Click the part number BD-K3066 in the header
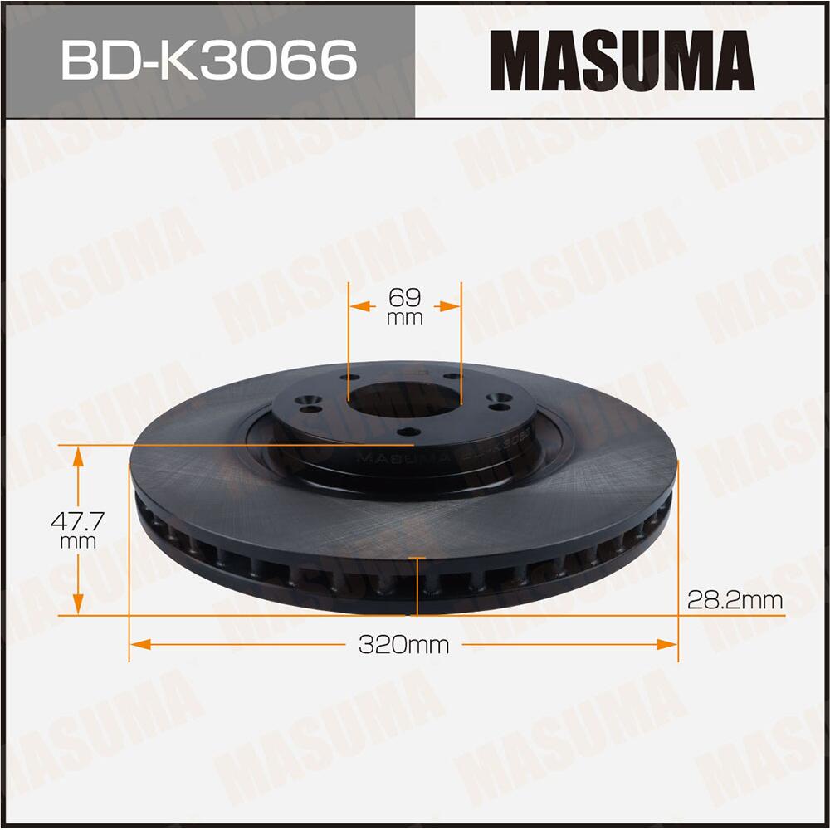pyautogui.click(x=208, y=59)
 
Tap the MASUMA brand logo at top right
pyautogui.click(x=622, y=59)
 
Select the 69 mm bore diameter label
pyautogui.click(x=404, y=305)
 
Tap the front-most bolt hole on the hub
pyautogui.click(x=407, y=432)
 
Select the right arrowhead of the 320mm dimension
pyautogui.click(x=668, y=644)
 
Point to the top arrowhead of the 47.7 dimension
pyautogui.click(x=79, y=453)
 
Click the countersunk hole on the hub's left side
pyautogui.click(x=311, y=407)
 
